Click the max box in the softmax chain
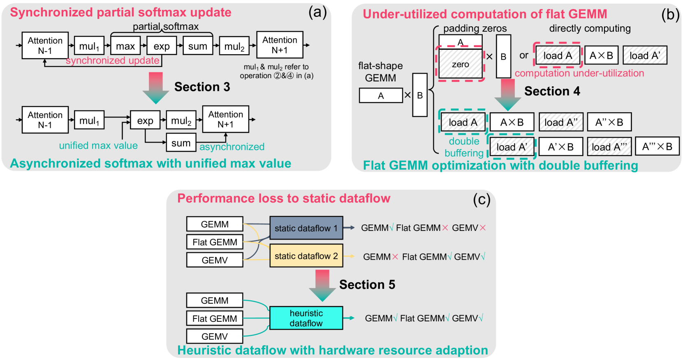coord(125,46)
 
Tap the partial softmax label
coord(165,27)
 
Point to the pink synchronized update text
coord(112,60)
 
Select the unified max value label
coord(98,145)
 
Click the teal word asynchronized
coord(232,147)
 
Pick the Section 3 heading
coord(202,87)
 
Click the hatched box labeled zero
coord(461,64)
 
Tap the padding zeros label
coord(475,28)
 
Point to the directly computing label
coord(590,28)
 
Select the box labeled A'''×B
coord(657,146)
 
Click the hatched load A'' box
coord(561,122)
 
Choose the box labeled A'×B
coord(560,147)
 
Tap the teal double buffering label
coord(464,147)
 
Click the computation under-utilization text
coord(579,73)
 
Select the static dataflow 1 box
coord(306,228)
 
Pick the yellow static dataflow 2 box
coord(306,256)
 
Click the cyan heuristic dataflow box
coord(306,318)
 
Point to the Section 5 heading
coord(367,284)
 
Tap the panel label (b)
coord(670,15)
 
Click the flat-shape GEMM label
coord(380,72)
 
